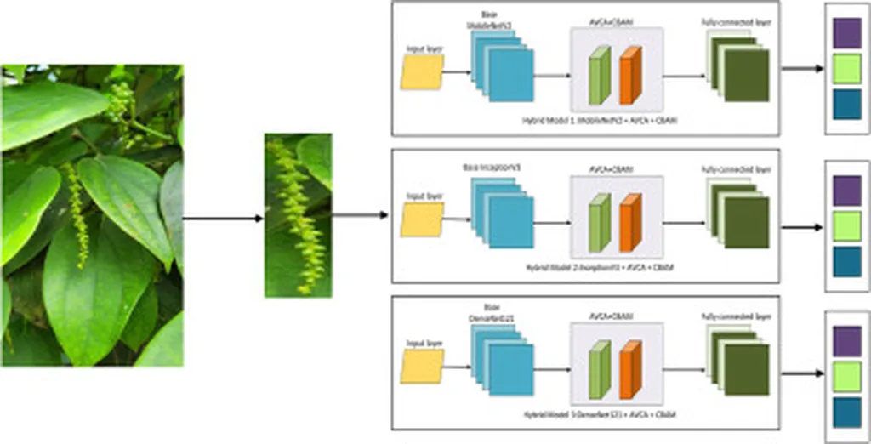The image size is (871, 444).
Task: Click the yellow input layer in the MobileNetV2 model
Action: click(x=422, y=72)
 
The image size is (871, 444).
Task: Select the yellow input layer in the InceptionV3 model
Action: click(x=422, y=219)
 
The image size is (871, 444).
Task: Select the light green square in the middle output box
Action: click(x=846, y=225)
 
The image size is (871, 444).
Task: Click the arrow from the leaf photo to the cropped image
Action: click(x=223, y=219)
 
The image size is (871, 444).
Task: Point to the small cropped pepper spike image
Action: click(x=298, y=215)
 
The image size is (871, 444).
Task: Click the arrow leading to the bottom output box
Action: click(x=803, y=373)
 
